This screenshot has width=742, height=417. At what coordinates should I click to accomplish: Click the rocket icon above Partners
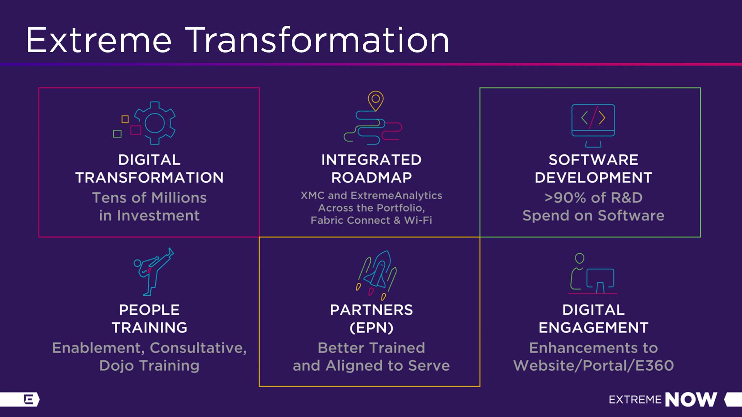pyautogui.click(x=376, y=275)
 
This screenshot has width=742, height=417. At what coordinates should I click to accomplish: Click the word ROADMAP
pyautogui.click(x=371, y=178)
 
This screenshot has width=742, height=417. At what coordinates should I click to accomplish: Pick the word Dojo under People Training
pyautogui.click(x=117, y=366)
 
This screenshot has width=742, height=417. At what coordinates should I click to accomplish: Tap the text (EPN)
pyautogui.click(x=371, y=328)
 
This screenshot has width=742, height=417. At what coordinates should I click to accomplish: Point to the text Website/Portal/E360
pyautogui.click(x=594, y=366)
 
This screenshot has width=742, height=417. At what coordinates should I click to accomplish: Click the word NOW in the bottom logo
pyautogui.click(x=691, y=400)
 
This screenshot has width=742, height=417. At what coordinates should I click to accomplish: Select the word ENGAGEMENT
pyautogui.click(x=594, y=328)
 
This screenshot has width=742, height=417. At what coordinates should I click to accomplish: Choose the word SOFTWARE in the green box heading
pyautogui.click(x=594, y=160)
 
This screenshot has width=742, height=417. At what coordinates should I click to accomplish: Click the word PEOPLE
pyautogui.click(x=149, y=310)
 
